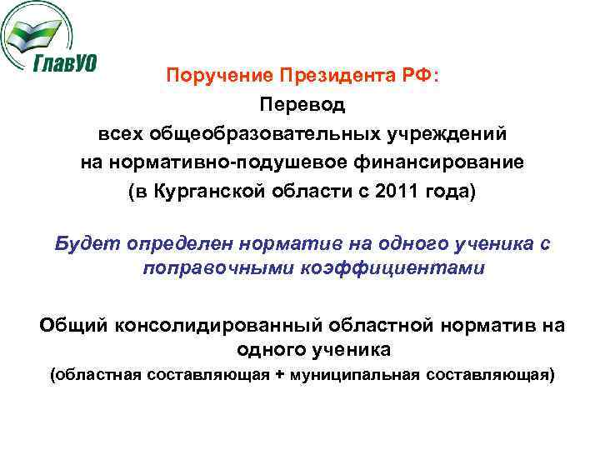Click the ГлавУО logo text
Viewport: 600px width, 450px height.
65,63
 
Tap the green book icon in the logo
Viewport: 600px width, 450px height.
37,32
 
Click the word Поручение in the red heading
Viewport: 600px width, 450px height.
207,76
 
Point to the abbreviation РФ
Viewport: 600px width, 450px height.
420,76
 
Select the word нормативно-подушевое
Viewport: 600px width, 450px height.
217,162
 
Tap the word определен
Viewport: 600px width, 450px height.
178,243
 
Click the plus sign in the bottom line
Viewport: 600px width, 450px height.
279,375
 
